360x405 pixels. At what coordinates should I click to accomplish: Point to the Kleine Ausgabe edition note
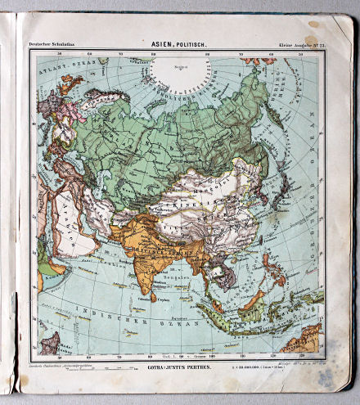click(301, 43)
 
